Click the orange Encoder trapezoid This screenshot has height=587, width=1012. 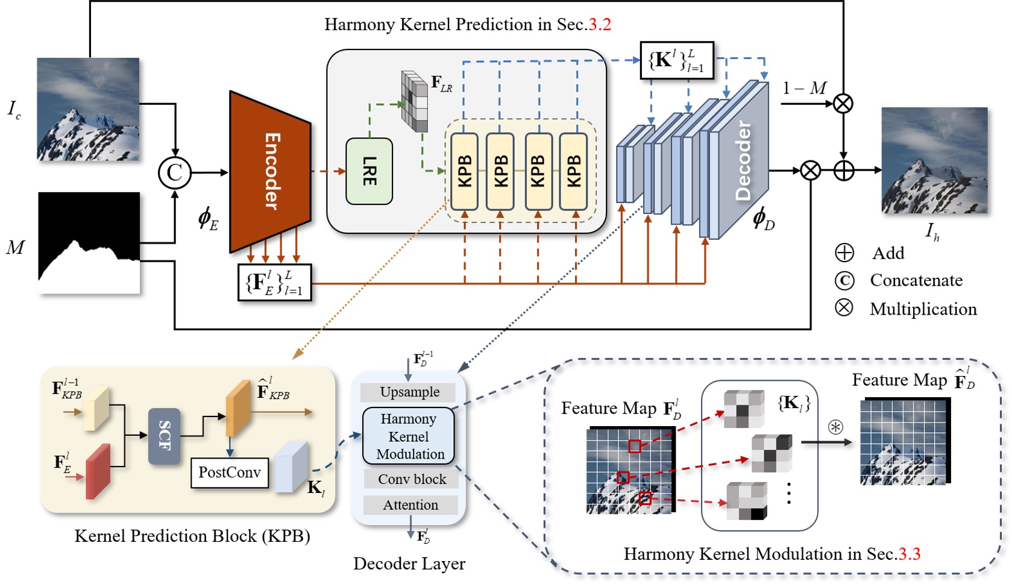tap(269, 172)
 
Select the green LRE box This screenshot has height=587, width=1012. tap(369, 171)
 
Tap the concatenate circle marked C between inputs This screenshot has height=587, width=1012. tap(175, 172)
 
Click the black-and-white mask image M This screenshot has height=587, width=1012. tap(89, 243)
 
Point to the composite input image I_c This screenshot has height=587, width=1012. tap(88, 109)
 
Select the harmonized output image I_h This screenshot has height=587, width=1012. tap(934, 160)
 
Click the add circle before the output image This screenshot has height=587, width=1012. tap(844, 171)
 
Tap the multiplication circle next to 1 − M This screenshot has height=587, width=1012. tap(843, 104)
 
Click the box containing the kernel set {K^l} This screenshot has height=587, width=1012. tap(676, 60)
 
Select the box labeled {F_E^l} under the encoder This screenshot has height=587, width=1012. tap(275, 282)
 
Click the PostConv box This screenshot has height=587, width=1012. tap(230, 472)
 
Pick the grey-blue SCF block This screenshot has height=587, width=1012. tap(164, 436)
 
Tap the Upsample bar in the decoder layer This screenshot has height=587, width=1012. tap(409, 392)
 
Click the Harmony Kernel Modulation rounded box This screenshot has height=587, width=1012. tap(408, 436)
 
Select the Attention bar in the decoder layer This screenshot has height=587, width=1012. tap(410, 505)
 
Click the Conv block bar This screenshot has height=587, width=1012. tap(412, 479)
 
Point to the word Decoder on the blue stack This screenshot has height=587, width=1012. tap(744, 160)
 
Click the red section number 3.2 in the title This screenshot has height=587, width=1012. tap(600, 25)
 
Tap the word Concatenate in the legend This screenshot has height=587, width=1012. tap(916, 280)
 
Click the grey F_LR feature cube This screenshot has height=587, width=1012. tap(415, 101)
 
